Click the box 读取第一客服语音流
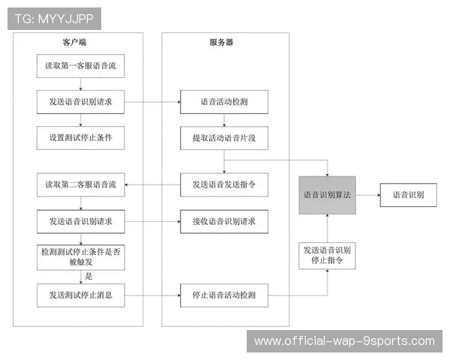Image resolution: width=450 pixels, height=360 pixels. (x=80, y=65)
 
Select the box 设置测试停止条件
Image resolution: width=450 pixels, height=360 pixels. (x=80, y=138)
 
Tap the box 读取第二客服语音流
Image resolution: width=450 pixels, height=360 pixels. (x=80, y=184)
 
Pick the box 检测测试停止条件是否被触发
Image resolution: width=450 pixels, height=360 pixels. (x=80, y=257)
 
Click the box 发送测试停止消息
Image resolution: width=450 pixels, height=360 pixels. (x=80, y=295)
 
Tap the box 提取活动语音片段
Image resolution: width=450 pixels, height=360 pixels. (x=223, y=138)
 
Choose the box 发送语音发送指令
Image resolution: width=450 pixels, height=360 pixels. (x=223, y=184)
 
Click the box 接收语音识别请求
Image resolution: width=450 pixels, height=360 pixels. (x=223, y=221)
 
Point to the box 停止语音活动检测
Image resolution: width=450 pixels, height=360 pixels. (x=223, y=295)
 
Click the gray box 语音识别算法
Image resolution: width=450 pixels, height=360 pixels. (x=327, y=194)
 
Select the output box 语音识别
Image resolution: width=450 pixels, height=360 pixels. (x=408, y=194)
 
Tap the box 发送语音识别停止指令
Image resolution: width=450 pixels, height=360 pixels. (x=327, y=256)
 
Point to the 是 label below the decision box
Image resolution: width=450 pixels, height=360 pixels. (x=88, y=276)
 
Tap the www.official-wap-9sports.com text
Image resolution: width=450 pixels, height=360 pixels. (x=344, y=341)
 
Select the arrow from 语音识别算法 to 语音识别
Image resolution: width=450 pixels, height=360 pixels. (x=367, y=194)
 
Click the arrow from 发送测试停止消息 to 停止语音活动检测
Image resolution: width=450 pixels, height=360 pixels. (x=151, y=295)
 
